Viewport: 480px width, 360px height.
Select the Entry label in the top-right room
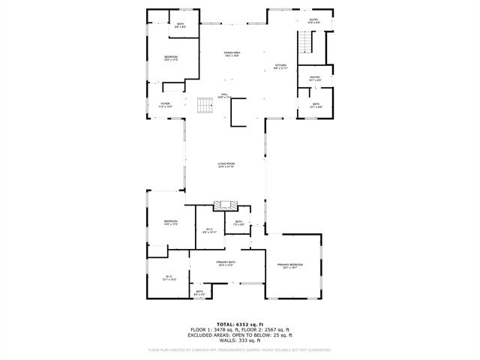pos(313,22)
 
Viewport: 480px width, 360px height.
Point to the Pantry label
pos(314,78)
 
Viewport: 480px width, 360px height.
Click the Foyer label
pos(165,105)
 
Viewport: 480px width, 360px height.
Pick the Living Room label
pos(226,165)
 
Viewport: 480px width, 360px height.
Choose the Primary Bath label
pos(226,263)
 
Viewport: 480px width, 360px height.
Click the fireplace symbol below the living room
pos(226,204)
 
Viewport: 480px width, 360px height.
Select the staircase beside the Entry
pos(304,45)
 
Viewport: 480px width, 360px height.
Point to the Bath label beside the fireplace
pos(238,223)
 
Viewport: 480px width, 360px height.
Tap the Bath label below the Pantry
pos(316,105)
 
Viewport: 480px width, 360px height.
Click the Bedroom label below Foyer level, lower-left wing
pos(170,222)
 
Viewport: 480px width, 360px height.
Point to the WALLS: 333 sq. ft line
pos(240,341)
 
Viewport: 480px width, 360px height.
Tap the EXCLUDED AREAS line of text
pos(240,336)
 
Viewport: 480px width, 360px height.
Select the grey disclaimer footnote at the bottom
pos(240,349)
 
